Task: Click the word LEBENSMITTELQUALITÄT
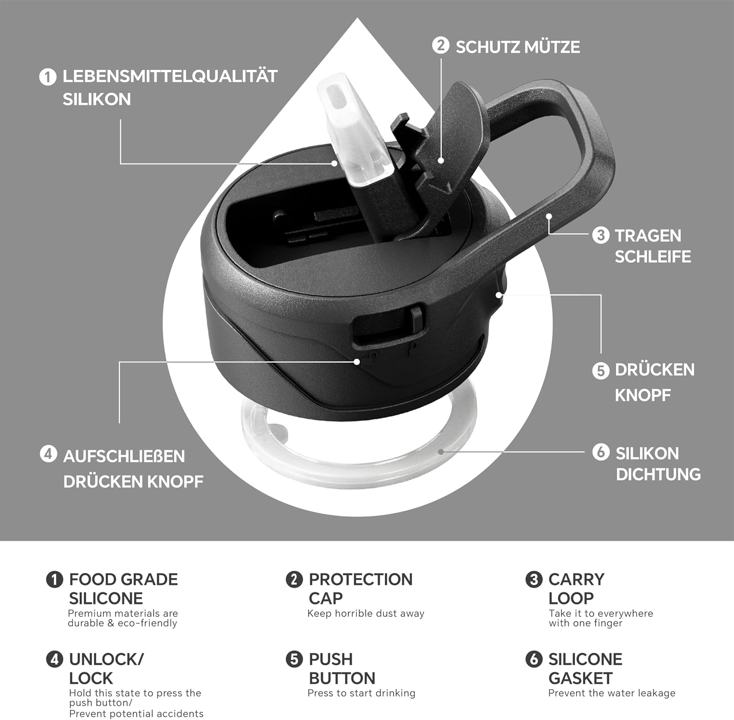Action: [170, 76]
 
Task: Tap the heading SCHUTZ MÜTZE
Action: [518, 47]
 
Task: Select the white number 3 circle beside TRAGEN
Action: [600, 235]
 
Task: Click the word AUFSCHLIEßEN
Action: [124, 456]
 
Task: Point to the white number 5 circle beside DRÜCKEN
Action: [600, 371]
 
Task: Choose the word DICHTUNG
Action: [658, 474]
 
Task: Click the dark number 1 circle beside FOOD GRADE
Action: [54, 580]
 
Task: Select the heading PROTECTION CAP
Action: [361, 588]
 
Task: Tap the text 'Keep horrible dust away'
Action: [366, 613]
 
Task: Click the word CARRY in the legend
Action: [576, 579]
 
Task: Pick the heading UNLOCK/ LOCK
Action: [106, 669]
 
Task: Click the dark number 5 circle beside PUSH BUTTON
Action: [294, 659]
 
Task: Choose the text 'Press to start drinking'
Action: [362, 693]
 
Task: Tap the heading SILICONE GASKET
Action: [585, 669]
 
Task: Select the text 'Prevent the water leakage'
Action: [612, 693]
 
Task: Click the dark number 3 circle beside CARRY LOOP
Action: [534, 580]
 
